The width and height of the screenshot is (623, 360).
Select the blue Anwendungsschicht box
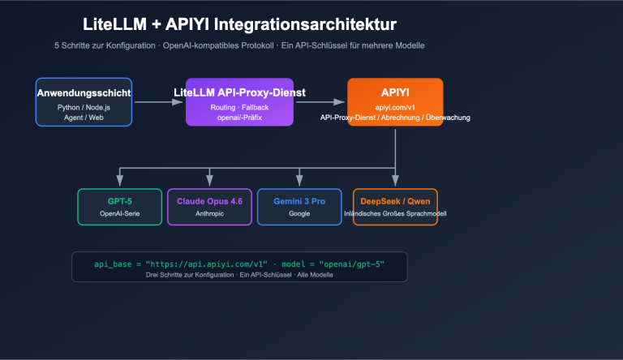84,102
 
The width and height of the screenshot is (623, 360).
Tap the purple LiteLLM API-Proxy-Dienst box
238,102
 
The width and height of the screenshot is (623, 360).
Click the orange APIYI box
395,102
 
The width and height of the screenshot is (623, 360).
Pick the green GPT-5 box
119,207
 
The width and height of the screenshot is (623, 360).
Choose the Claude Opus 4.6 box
209,207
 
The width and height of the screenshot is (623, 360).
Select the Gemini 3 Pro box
299,207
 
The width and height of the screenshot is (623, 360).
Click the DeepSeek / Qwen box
394,207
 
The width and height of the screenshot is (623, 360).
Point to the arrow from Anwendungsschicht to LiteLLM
158,102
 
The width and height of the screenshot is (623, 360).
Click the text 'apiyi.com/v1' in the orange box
395,107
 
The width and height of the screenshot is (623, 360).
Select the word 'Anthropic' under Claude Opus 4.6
209,214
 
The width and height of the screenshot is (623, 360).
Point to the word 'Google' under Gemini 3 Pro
299,214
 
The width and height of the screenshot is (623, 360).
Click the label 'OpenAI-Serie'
120,214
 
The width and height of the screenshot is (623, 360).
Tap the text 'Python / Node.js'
84,107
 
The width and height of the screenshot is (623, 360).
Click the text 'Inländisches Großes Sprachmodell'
394,214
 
